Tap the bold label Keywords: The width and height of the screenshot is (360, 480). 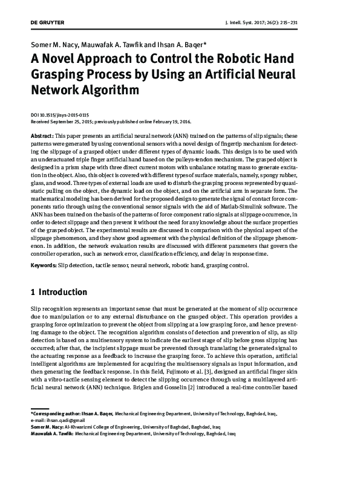[44, 265]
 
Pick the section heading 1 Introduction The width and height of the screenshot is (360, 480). [59, 293]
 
